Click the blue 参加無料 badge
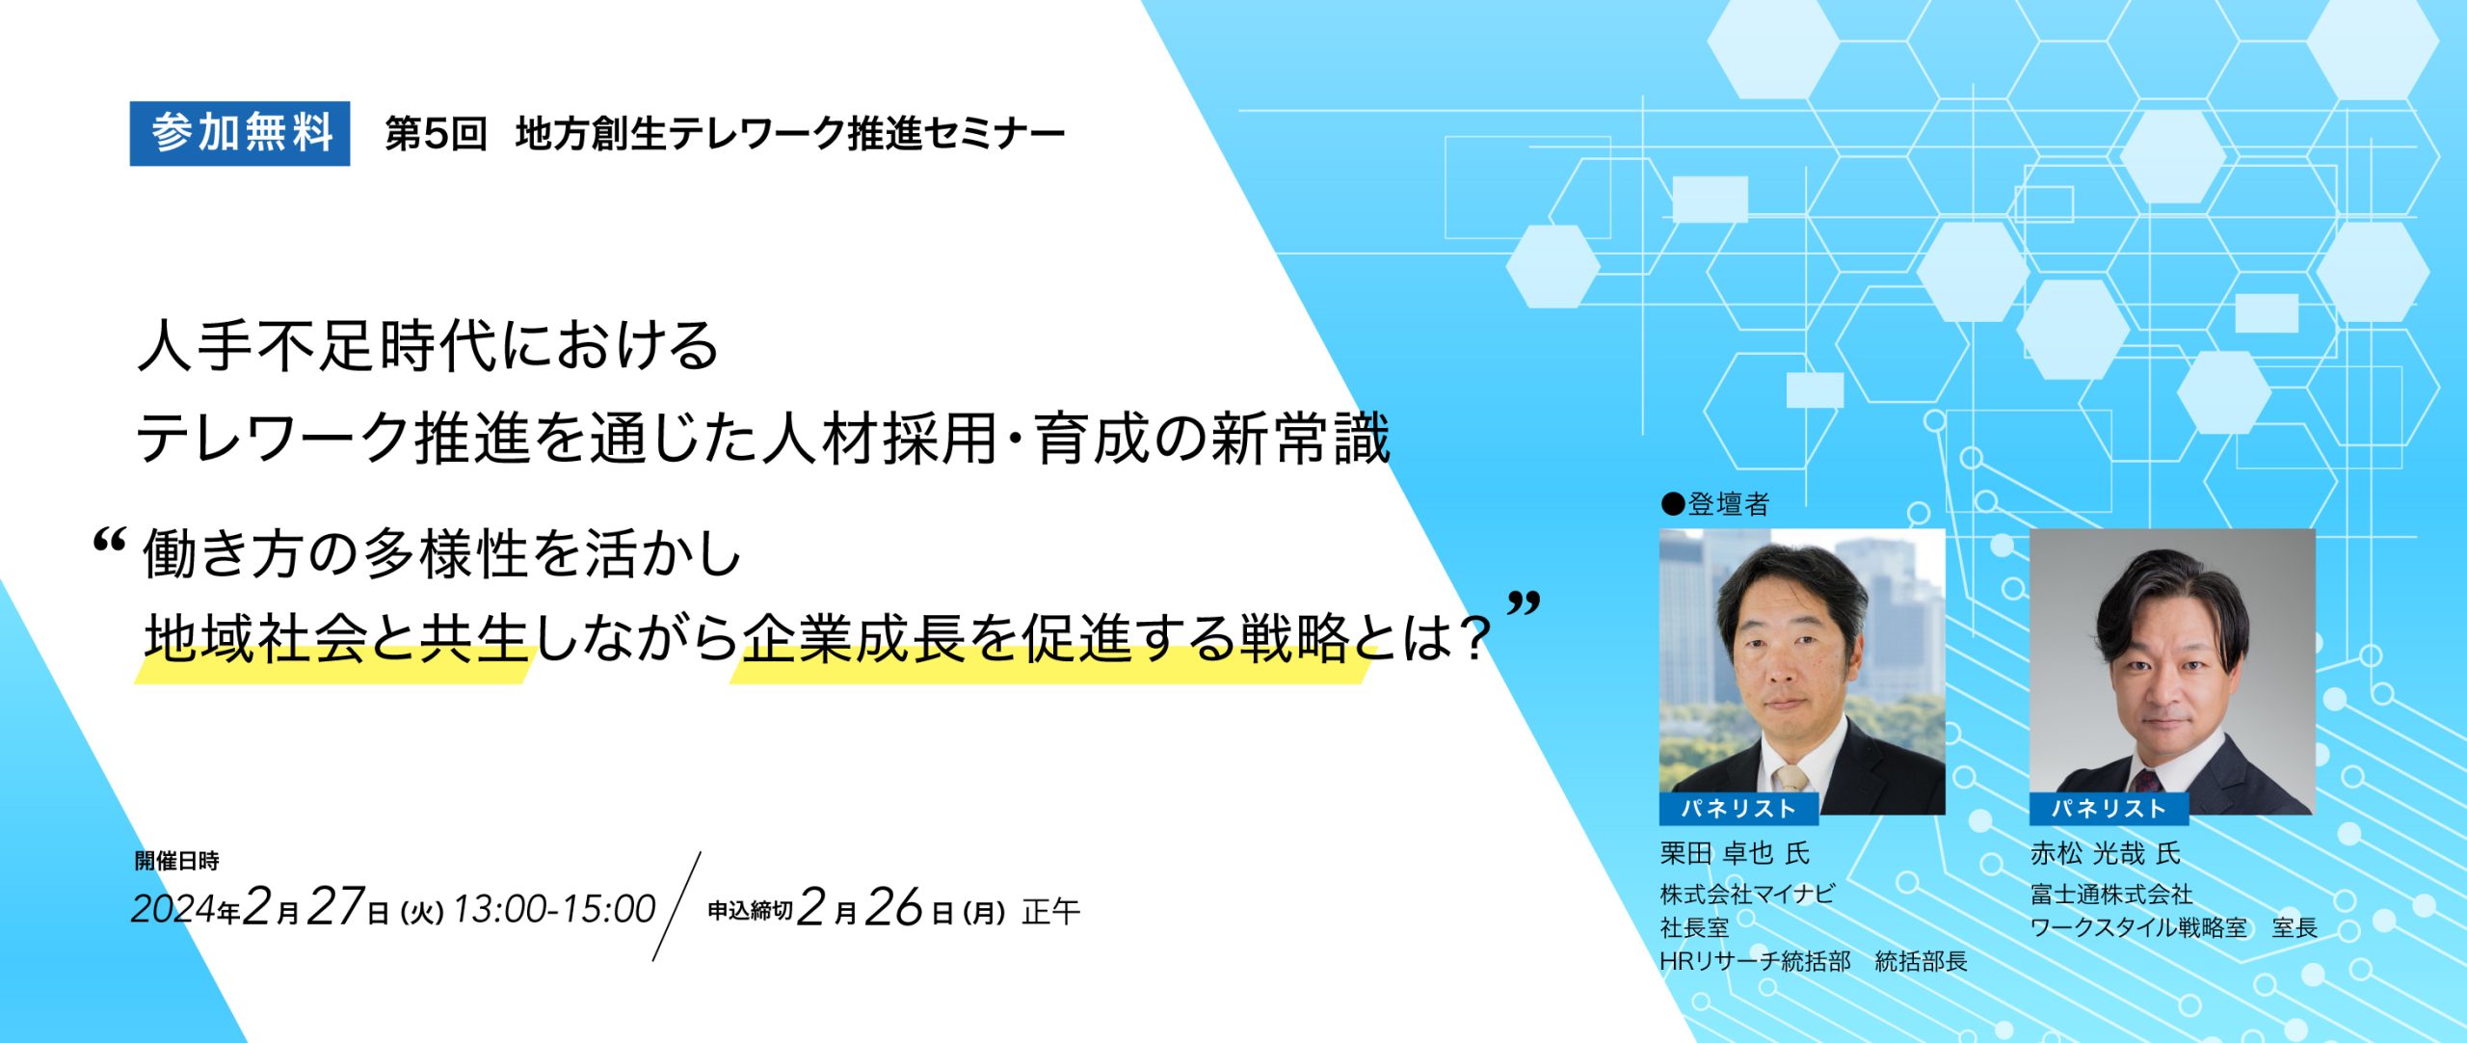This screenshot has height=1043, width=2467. coord(240,133)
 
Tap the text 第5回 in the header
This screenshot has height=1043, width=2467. coord(436,133)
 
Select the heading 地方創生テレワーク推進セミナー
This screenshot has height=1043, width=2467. coord(790,133)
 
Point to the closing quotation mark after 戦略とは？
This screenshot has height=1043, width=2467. coord(1524,604)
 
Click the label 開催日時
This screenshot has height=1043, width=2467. coord(177,861)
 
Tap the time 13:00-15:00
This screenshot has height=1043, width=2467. coord(554,909)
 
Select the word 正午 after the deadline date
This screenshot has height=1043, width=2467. coord(1051,911)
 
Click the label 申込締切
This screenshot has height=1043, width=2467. coord(750,910)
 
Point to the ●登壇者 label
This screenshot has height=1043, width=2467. coord(1715,503)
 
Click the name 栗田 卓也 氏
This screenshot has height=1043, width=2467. coord(1735,853)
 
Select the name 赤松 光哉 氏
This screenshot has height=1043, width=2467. coord(2105,853)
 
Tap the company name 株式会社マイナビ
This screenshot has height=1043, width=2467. coord(1747,894)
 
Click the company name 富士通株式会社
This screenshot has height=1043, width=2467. coord(2111,894)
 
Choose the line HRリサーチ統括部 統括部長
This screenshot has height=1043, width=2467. coord(1813,961)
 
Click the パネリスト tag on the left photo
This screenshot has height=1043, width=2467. coord(1738,809)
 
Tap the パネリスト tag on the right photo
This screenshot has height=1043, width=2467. coord(2109,809)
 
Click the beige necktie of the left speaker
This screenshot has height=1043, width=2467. coord(1791,779)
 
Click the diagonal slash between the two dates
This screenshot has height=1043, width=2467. coord(676,906)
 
